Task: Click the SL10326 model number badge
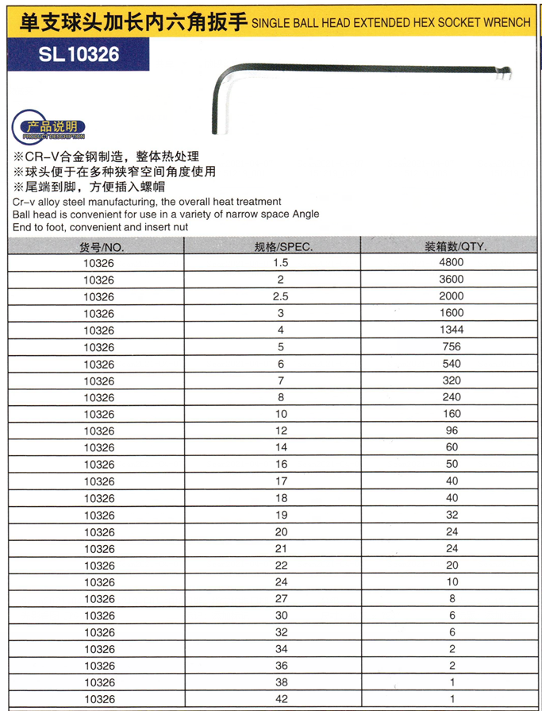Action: tap(78, 54)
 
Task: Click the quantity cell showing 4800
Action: tap(452, 262)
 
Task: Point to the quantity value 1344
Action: tap(452, 330)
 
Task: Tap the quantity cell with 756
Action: tap(452, 347)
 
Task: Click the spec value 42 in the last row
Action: tap(281, 699)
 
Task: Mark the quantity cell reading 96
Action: tap(452, 431)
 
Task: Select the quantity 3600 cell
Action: tap(452, 280)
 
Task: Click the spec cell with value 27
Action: tap(281, 599)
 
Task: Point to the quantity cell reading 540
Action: tap(452, 364)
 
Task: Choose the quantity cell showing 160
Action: tap(452, 414)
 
